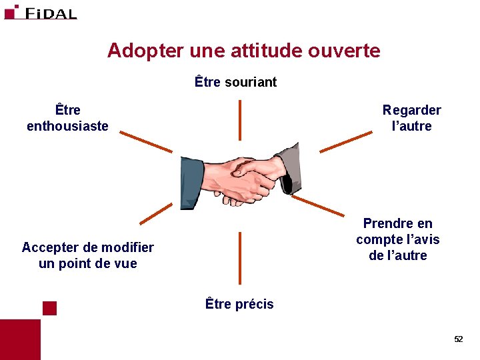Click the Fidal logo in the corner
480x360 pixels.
40,12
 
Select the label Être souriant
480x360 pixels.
235,83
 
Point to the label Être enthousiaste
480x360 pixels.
67,118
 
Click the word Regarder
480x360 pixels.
411,110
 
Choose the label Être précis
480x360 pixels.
239,304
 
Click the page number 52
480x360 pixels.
458,339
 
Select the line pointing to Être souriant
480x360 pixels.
240,122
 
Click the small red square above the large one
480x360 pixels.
49,307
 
